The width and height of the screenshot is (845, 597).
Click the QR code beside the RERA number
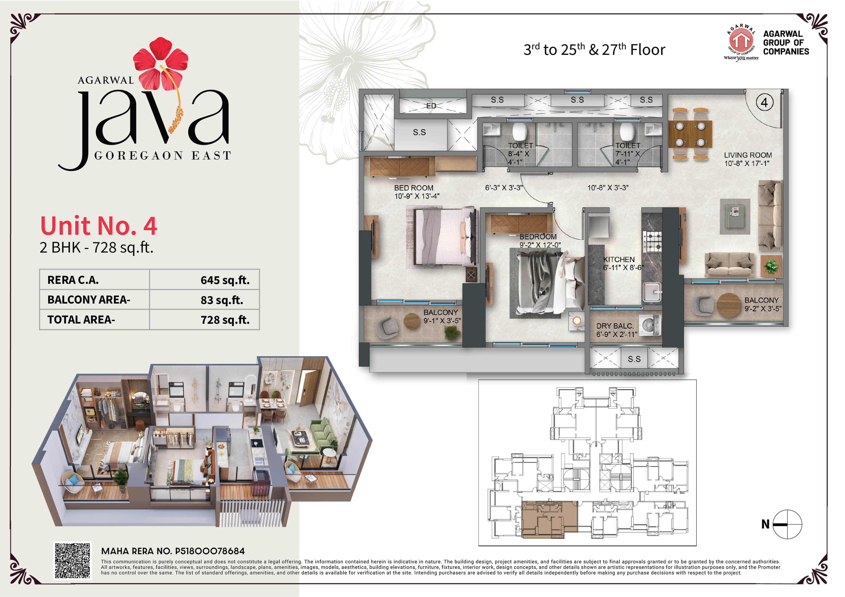(x=72, y=561)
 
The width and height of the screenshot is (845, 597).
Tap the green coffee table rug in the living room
(x=735, y=216)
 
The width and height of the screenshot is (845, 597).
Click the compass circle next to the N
(x=787, y=524)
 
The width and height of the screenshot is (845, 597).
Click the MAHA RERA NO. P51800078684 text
(x=173, y=551)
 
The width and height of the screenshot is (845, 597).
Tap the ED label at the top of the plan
(x=431, y=106)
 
